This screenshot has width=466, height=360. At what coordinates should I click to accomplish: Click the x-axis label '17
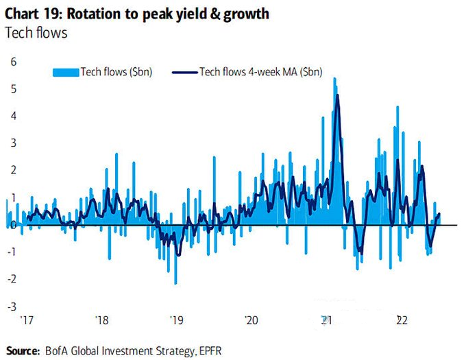(27, 320)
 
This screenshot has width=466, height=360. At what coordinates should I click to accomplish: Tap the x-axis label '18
(102, 320)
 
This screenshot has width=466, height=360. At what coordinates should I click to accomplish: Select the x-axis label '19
(176, 320)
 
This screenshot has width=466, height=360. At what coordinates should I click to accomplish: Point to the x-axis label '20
(251, 320)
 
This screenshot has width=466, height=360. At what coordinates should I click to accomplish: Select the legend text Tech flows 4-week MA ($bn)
(260, 71)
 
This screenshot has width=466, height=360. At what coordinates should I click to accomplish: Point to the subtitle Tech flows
(36, 32)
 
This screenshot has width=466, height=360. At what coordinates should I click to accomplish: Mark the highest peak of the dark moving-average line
(337, 95)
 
